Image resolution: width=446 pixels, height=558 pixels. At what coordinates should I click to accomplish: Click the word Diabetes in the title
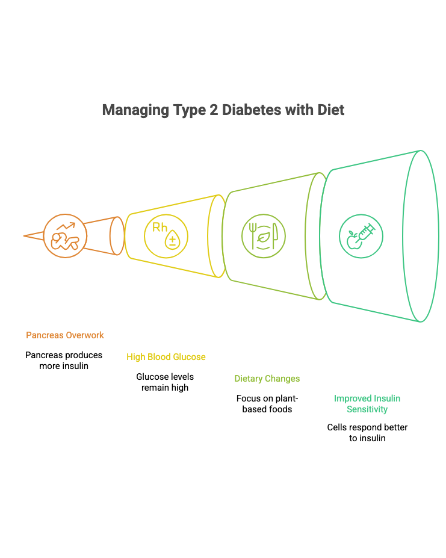[x=251, y=110]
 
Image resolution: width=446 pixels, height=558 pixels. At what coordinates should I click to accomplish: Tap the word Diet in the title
[x=330, y=110]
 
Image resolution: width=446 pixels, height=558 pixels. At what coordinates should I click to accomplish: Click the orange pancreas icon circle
[x=65, y=235]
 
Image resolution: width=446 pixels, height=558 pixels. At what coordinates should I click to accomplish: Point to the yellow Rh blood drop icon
[x=166, y=235]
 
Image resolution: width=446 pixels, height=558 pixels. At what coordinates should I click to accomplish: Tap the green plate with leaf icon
[x=264, y=235]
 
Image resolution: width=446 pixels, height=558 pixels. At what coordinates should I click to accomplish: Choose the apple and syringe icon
[x=361, y=235]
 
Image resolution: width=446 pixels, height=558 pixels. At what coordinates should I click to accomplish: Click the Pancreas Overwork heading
[x=65, y=335]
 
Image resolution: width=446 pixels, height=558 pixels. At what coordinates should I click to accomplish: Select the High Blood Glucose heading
[x=166, y=357]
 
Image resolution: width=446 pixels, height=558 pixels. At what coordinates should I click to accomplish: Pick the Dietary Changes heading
[x=267, y=379]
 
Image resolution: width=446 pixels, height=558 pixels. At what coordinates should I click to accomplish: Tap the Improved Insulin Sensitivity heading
[x=367, y=404]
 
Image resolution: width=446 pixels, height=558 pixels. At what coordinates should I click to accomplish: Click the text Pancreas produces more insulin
[x=64, y=360]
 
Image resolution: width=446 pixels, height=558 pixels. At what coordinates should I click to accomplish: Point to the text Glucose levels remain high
[x=165, y=382]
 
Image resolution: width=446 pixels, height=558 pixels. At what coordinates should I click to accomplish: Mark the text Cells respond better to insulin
[x=367, y=433]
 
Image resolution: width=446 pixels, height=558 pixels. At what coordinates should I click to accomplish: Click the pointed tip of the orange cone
[x=25, y=236]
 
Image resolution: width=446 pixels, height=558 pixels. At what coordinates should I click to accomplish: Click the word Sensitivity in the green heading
[x=367, y=409]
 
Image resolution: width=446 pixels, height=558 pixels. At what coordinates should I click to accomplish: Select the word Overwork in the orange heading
[x=84, y=335]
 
